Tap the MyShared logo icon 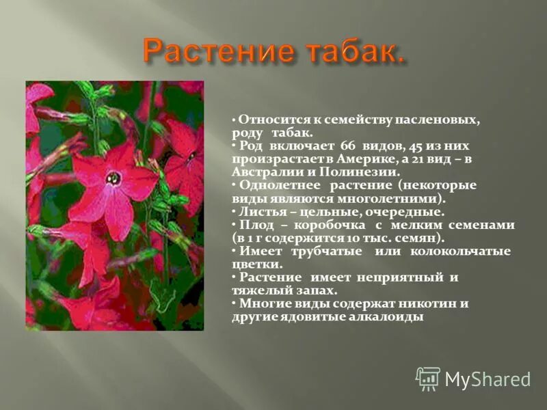(428, 379)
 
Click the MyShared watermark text (488, 379)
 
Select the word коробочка (330, 225)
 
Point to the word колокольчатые (460, 251)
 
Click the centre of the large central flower (114, 178)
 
